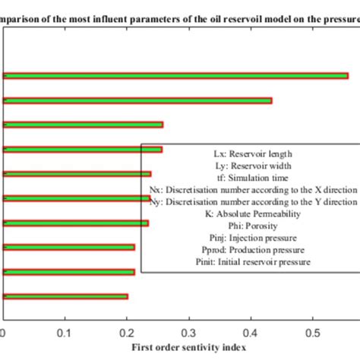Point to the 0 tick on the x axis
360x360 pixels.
5,332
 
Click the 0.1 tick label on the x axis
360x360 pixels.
66,332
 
